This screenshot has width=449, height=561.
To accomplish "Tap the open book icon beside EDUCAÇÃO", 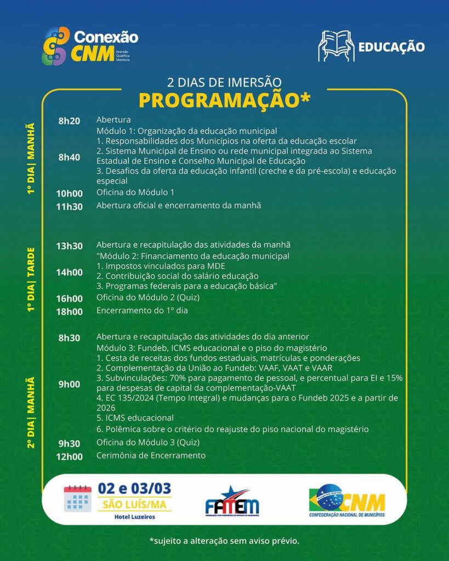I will [336, 46].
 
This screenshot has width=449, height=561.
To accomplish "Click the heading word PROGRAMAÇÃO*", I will [224, 100].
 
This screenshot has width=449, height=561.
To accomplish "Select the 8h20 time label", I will [70, 121].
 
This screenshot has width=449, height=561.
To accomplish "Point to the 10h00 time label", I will [70, 193].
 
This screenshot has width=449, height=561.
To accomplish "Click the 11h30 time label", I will [70, 207].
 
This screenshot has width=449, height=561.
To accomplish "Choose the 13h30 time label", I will [70, 246].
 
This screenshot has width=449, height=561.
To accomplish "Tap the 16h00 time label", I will [70, 299].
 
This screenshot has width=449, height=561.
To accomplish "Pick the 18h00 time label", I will [70, 312].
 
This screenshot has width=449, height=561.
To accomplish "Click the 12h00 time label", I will [70, 456].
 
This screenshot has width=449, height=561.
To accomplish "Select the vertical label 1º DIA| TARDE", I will [31, 280].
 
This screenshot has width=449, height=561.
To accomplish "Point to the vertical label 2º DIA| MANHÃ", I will [31, 411].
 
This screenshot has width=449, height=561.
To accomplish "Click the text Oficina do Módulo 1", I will [135, 192].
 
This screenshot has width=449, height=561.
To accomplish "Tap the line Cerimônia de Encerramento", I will [151, 455].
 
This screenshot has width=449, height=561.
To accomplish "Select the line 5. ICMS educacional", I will [135, 417].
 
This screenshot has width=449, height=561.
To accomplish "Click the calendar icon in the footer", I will [77, 499].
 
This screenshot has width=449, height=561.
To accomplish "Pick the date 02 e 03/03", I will [134, 488].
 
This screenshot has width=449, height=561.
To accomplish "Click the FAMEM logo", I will [232, 502].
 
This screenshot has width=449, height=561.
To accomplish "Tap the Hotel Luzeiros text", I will [134, 517].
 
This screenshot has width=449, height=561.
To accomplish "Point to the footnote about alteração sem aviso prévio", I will [224, 541].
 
